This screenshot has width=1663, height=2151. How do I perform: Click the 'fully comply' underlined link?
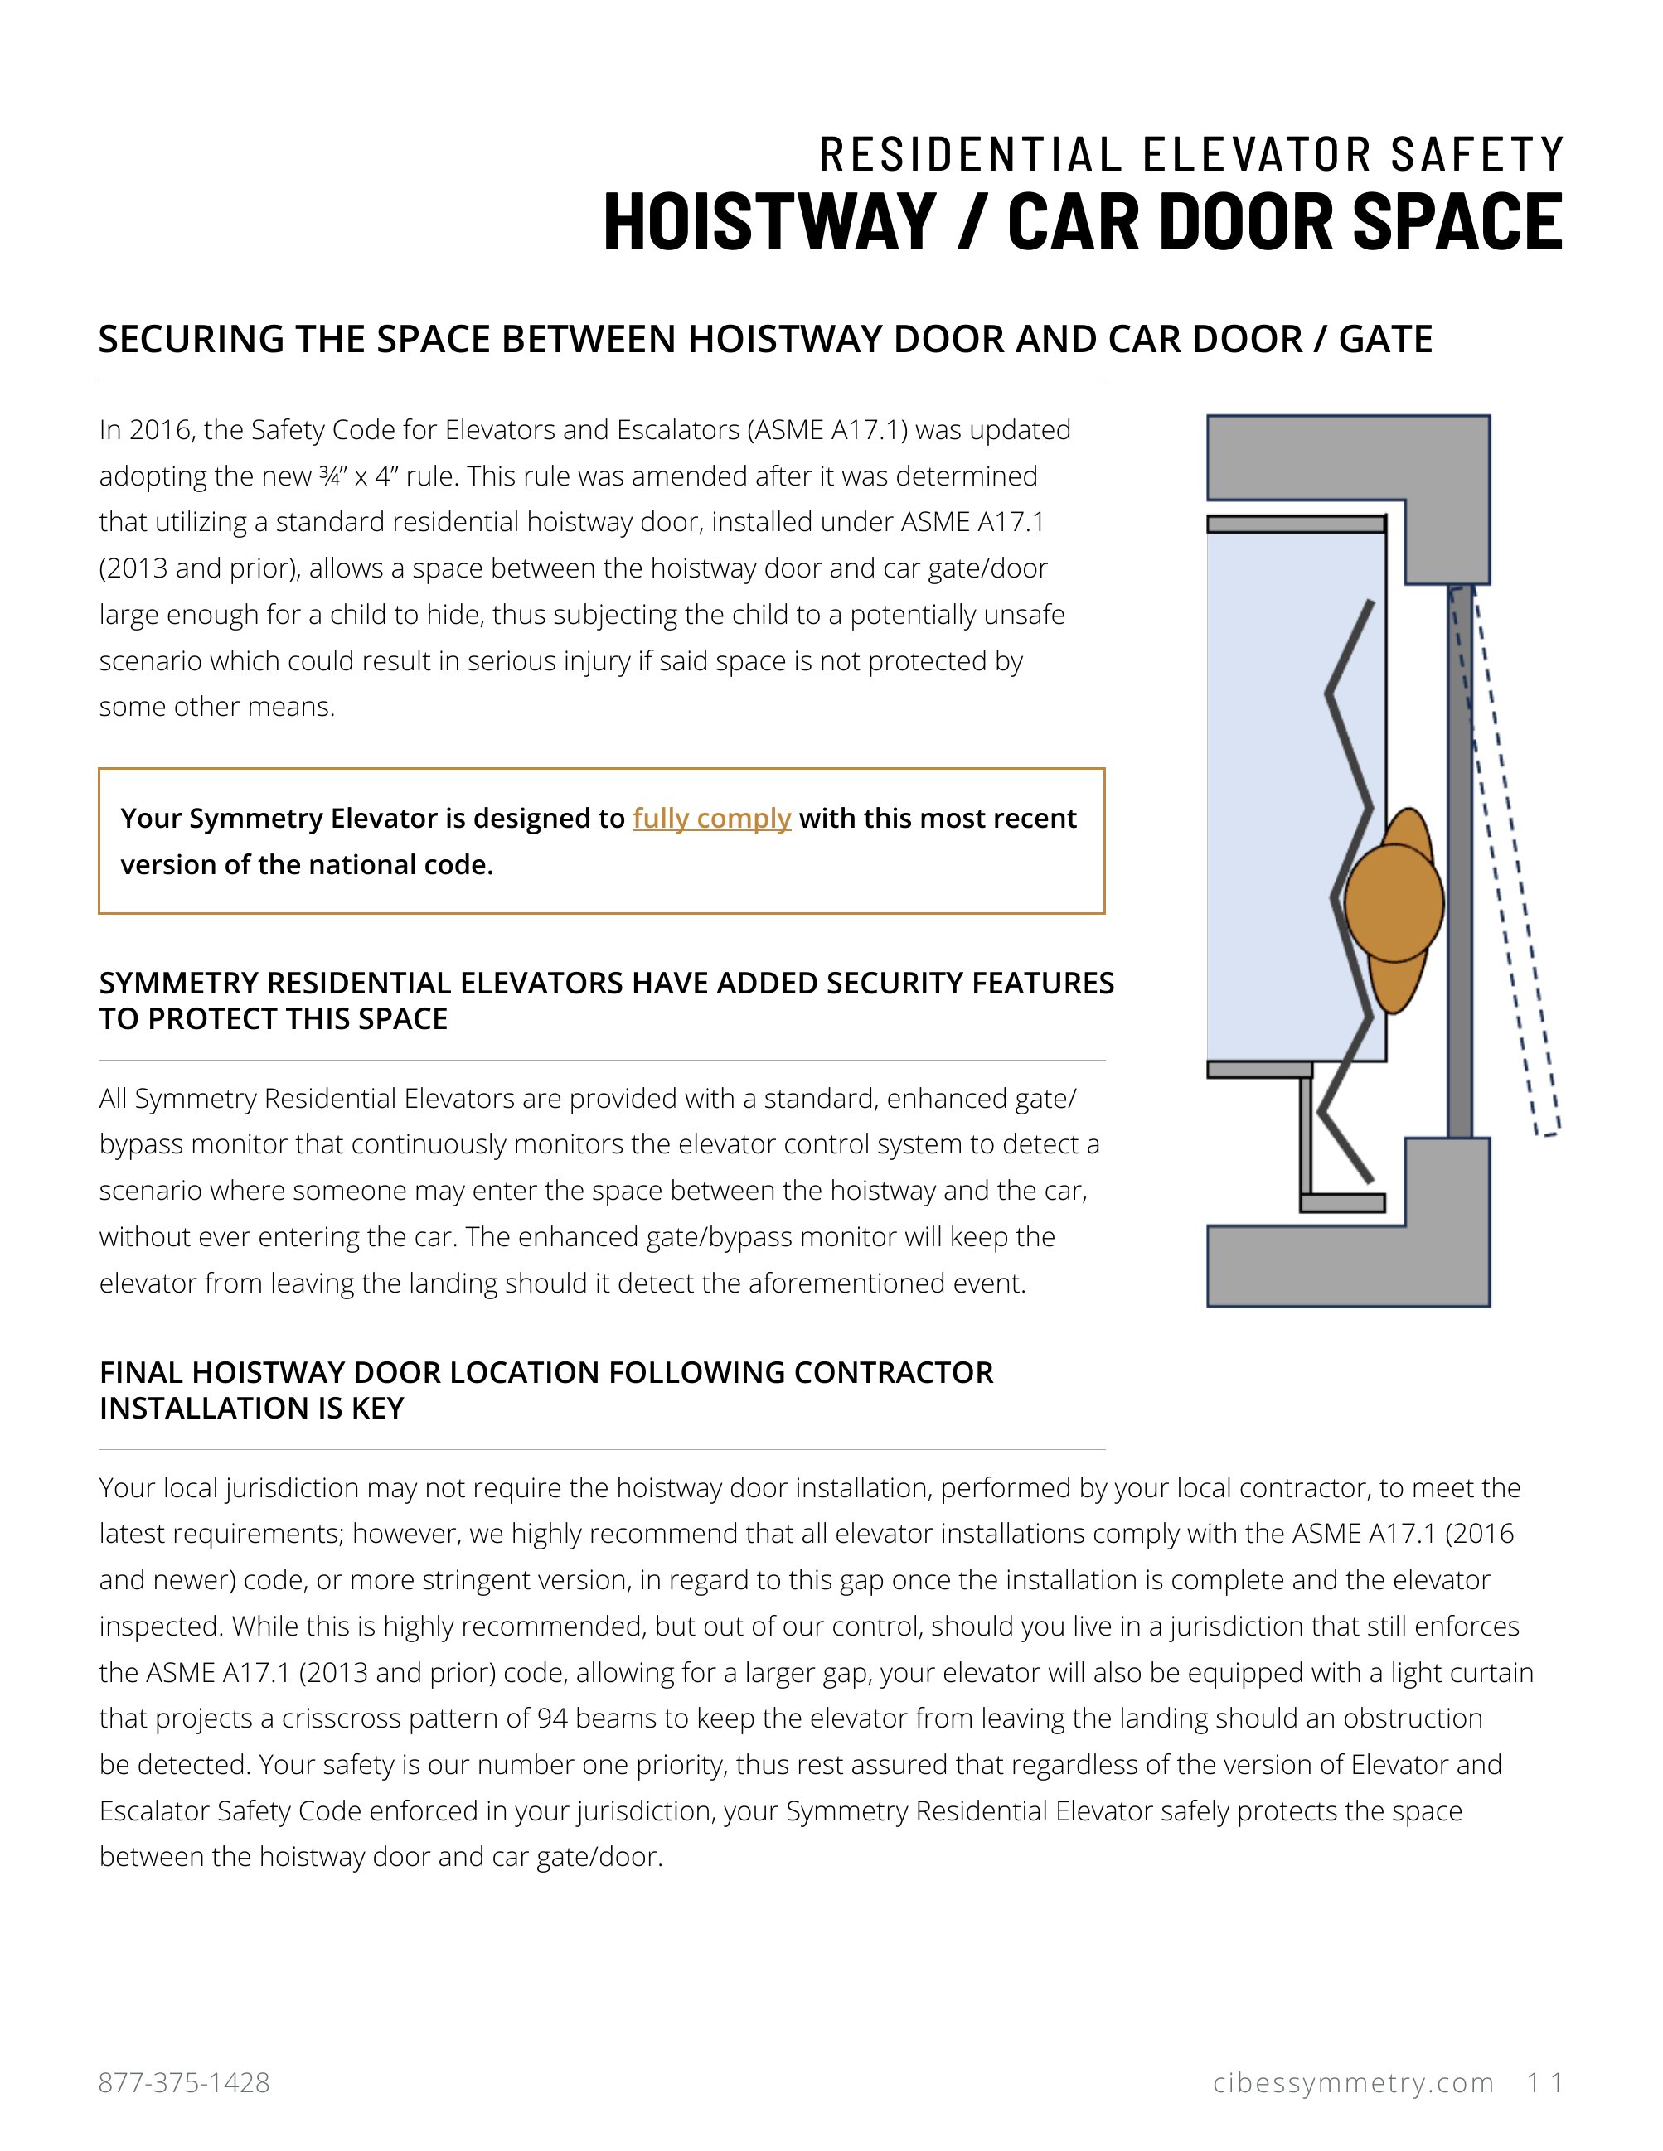711,819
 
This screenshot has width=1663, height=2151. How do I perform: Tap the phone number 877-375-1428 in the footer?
184,2083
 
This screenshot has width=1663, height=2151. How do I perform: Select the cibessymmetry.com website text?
1354,2083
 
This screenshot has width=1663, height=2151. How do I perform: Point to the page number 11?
1544,2083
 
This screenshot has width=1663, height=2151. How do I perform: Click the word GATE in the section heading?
1385,339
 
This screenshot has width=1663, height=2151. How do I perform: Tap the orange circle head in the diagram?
1393,902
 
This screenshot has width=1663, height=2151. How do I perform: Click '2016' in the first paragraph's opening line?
160,430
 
